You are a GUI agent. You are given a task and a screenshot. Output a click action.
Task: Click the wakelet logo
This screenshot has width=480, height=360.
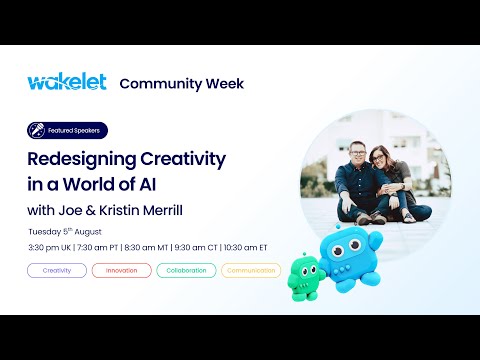pyautogui.click(x=66, y=82)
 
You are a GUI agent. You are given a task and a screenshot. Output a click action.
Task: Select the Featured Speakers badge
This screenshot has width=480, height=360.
pyautogui.click(x=67, y=130)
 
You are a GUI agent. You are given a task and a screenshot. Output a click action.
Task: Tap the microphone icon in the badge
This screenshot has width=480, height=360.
pyautogui.click(x=36, y=130)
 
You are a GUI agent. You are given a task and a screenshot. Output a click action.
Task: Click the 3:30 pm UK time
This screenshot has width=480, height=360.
pyautogui.click(x=52, y=247)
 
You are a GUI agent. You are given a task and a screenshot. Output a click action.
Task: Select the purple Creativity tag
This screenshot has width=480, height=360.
pyautogui.click(x=57, y=270)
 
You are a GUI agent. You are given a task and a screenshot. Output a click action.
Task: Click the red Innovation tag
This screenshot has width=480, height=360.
pyautogui.click(x=121, y=270)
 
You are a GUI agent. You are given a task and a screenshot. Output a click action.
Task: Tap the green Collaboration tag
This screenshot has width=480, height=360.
pyautogui.click(x=186, y=270)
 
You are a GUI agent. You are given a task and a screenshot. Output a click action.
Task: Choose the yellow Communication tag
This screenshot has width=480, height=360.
pyautogui.click(x=250, y=270)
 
